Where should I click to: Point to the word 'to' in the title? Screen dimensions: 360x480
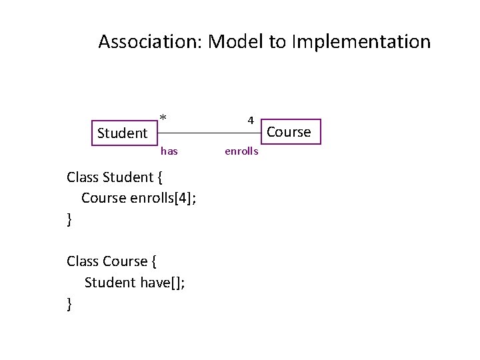[x=277, y=42]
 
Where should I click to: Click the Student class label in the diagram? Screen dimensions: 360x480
[x=122, y=133]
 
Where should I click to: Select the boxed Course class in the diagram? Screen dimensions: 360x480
[x=289, y=132]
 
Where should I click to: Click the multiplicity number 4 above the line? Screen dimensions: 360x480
[x=251, y=121]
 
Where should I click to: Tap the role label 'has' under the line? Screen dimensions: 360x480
[x=169, y=151]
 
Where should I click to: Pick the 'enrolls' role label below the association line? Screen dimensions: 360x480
[x=241, y=151]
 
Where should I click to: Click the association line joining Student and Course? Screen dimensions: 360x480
[x=207, y=132]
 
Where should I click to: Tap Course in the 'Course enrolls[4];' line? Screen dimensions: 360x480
[x=103, y=198]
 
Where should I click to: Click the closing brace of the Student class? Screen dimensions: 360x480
[x=69, y=219]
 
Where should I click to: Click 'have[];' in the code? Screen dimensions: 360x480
[x=163, y=282]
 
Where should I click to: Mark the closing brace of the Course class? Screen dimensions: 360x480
[x=69, y=303]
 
